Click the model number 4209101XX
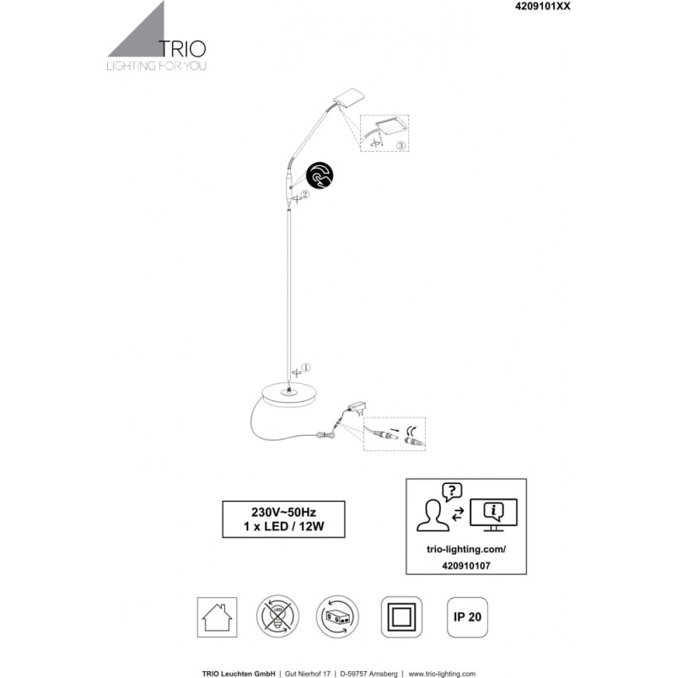tap(542, 6)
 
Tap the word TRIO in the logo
tap(182, 49)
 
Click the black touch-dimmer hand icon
tap(320, 175)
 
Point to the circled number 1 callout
tap(306, 368)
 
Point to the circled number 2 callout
tap(304, 195)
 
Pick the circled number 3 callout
tap(401, 145)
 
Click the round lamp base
tap(289, 395)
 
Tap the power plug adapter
tap(358, 407)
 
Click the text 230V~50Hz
tap(283, 513)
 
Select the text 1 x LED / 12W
tap(283, 527)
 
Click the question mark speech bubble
tap(452, 492)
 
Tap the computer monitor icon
tap(493, 514)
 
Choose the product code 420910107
tap(466, 566)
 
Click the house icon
tap(217, 617)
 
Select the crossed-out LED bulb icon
tap(277, 616)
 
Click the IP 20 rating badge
tap(467, 617)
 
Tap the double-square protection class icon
tap(401, 617)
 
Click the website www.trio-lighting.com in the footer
tap(442, 674)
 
